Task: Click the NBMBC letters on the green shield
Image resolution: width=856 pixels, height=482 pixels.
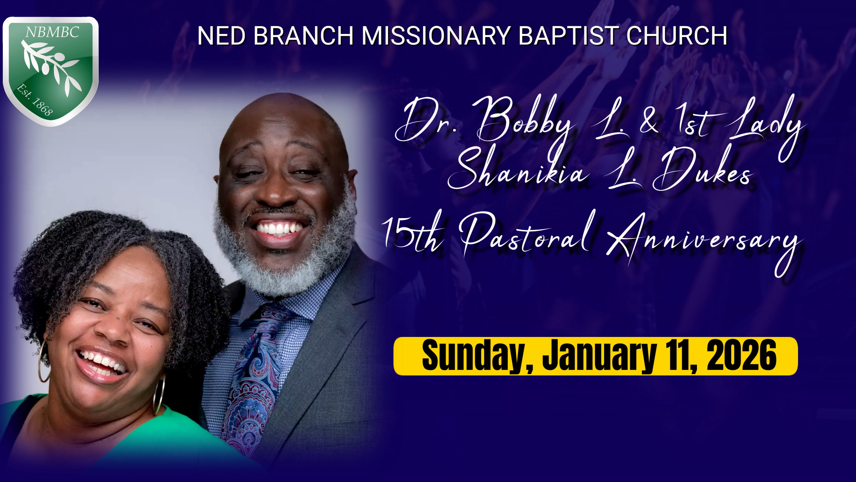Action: tap(52, 32)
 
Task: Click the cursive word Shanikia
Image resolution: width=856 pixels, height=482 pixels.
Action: tap(518, 170)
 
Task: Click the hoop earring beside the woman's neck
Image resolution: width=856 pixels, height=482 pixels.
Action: tap(159, 394)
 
